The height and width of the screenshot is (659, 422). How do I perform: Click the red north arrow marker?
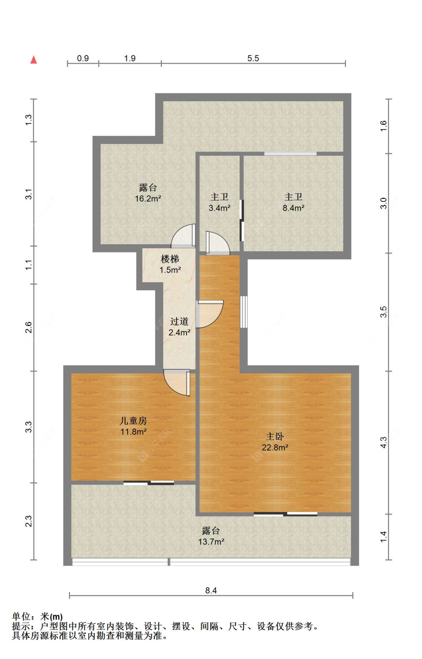click(34, 60)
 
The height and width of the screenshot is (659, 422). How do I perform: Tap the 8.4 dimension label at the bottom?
click(211, 590)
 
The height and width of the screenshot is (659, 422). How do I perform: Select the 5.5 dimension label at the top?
click(253, 58)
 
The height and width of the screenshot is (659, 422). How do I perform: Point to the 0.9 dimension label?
click(83, 58)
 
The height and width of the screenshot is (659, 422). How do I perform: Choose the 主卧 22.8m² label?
click(275, 442)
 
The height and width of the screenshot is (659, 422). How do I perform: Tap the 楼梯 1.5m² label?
click(170, 264)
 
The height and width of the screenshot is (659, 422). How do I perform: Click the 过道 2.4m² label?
click(179, 327)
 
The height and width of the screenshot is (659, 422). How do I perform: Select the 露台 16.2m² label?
click(148, 193)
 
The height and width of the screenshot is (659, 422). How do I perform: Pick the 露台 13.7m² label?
click(211, 536)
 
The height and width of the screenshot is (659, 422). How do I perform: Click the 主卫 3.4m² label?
click(219, 202)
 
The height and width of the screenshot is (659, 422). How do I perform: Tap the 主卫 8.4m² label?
click(293, 202)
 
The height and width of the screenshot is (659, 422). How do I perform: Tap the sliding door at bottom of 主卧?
click(285, 514)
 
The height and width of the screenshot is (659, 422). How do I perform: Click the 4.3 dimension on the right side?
click(383, 442)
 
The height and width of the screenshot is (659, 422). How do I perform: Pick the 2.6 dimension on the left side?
click(29, 327)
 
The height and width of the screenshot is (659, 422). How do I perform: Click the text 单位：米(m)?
click(37, 617)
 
